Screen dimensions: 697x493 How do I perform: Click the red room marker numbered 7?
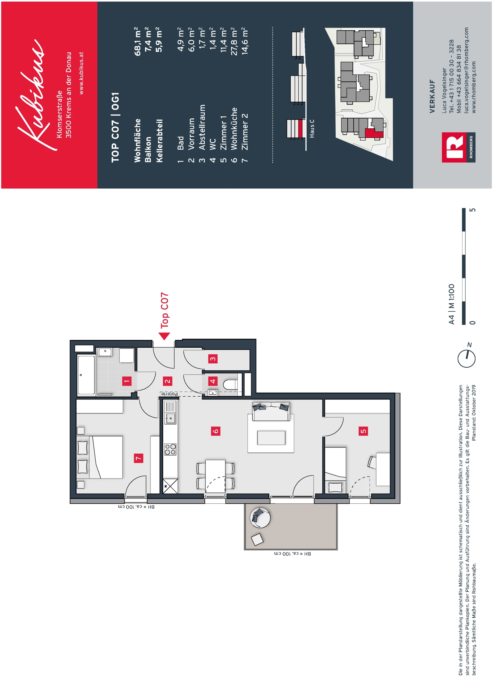pos(138,458)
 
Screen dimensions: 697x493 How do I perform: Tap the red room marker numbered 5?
pos(363,431)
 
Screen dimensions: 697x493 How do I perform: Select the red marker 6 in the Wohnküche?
pos(215,431)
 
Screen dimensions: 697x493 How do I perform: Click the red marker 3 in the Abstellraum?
pos(213,359)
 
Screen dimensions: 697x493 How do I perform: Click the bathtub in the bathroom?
pos(86,375)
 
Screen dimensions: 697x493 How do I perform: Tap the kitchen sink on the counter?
pos(170,418)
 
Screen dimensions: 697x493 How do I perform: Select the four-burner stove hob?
pos(170,449)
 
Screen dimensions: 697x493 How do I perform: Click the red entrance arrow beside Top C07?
pos(164,336)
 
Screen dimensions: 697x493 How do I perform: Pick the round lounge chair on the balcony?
pos(260,518)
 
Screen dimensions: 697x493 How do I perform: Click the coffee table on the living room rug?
pos(271,438)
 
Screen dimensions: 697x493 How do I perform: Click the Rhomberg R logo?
pos(454,147)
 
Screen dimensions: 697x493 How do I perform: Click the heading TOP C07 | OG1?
pos(115,128)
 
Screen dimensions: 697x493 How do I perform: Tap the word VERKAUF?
pos(432,97)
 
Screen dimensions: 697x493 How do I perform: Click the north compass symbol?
pos(467,358)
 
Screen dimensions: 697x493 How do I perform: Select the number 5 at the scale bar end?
pos(472,210)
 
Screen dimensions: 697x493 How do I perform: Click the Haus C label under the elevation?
pos(312,129)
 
